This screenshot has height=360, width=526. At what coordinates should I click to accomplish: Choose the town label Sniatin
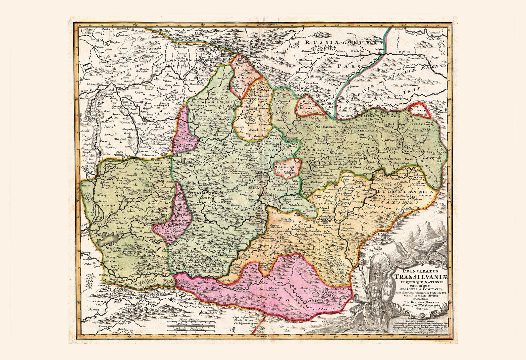379,49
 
